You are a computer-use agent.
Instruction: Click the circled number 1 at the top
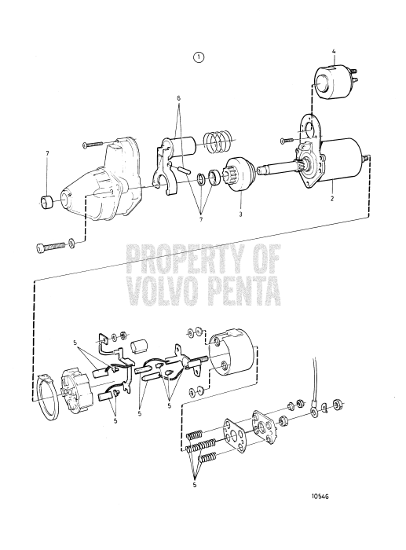(199, 57)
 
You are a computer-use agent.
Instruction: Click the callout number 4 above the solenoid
(334, 53)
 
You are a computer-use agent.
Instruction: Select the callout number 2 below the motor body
(331, 199)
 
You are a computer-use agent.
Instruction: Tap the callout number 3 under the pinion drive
(240, 214)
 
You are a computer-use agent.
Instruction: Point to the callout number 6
(178, 98)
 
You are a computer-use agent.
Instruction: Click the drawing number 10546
(320, 497)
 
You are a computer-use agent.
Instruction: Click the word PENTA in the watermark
(243, 291)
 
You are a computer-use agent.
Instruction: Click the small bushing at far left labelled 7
(46, 202)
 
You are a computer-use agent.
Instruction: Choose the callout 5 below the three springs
(195, 485)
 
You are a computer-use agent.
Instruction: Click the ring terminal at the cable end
(313, 412)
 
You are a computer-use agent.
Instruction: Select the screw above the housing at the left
(95, 144)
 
